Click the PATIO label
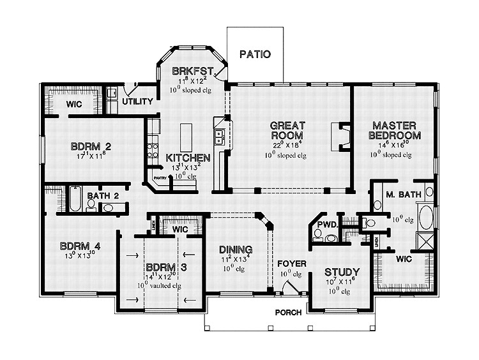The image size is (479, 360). (255, 54)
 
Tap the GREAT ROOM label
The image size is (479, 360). (287, 130)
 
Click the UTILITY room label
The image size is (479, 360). (137, 101)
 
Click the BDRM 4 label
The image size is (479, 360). (80, 246)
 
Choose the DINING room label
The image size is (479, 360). (235, 249)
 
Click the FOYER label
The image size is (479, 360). (291, 263)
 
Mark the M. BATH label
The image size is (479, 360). (402, 195)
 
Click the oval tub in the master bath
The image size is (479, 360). (424, 215)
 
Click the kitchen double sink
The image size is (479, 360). (219, 136)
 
